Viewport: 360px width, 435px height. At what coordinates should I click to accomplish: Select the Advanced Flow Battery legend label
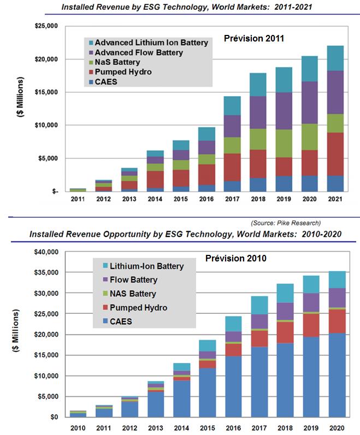(138, 52)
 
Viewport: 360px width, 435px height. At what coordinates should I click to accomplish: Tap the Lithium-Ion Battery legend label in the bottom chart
(147, 266)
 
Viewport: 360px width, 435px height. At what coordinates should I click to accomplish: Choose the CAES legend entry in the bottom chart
(122, 321)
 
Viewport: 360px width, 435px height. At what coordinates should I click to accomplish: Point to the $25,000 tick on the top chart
(45, 26)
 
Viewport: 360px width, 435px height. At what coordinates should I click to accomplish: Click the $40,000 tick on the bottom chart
(45, 252)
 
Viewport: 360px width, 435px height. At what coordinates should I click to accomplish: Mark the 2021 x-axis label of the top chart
(335, 199)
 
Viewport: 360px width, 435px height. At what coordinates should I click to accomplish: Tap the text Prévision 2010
(235, 258)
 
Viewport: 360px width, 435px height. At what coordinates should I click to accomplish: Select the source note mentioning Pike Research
(286, 223)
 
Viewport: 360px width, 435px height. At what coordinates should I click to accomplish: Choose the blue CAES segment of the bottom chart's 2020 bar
(334, 376)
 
